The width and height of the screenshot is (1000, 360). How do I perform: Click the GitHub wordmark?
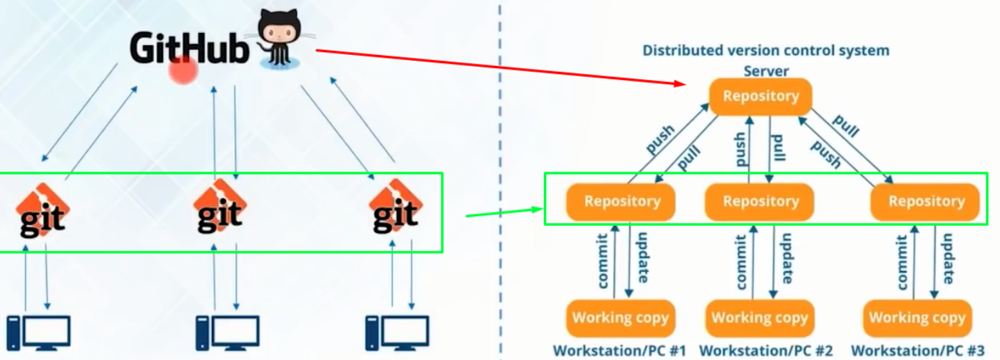189,48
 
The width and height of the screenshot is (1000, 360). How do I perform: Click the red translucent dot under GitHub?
183,70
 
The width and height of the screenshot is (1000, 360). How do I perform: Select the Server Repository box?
760,96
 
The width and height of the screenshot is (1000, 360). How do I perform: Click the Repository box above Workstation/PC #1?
622,201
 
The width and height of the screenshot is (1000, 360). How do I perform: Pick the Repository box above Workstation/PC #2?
760,201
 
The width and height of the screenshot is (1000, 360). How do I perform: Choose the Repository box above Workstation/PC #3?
926,201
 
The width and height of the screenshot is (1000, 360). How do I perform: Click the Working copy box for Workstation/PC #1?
620,317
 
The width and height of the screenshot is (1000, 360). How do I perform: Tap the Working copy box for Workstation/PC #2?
760,317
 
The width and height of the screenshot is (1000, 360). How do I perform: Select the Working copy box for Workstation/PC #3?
917,317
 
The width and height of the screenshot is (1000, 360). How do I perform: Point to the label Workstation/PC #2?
765,350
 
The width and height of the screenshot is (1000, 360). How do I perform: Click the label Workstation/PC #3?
917,350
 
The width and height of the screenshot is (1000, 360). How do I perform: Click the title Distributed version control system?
765,51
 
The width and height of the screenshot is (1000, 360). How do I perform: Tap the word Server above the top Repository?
765,71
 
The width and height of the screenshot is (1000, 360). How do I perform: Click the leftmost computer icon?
38,332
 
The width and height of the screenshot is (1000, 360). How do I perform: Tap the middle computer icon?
227,332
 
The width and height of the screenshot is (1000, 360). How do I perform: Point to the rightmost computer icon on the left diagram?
397,332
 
